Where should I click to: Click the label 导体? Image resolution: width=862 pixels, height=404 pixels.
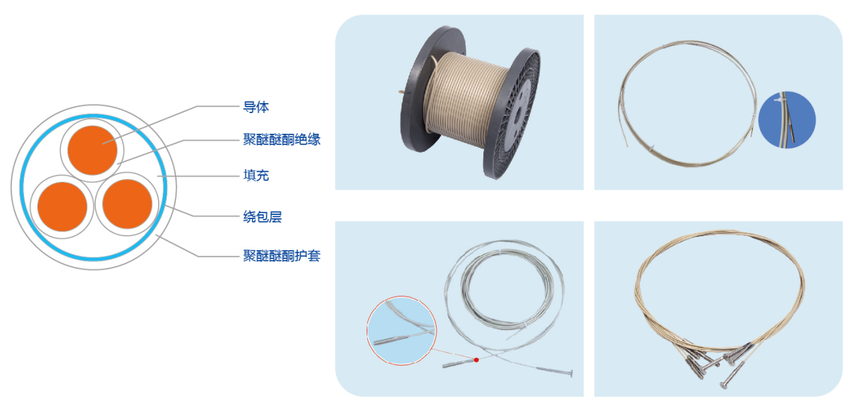256,107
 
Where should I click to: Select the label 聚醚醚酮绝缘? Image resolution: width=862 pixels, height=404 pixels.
282,139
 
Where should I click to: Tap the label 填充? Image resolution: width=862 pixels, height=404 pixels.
256,176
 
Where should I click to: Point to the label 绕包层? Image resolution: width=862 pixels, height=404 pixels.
263,217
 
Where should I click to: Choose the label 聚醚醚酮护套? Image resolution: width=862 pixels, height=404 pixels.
282,256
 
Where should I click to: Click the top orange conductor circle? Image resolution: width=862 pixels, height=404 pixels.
93,150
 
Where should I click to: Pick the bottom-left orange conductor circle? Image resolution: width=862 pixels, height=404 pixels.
63,206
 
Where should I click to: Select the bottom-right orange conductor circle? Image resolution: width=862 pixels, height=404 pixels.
127,204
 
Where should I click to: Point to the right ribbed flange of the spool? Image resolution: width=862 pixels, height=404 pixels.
512,113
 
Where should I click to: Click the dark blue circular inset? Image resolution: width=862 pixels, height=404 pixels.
787,119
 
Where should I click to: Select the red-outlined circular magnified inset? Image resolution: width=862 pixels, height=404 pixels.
401,330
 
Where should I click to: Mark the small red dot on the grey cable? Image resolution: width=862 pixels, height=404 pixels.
477,360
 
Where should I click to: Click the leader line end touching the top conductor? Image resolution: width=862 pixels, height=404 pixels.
103,144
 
